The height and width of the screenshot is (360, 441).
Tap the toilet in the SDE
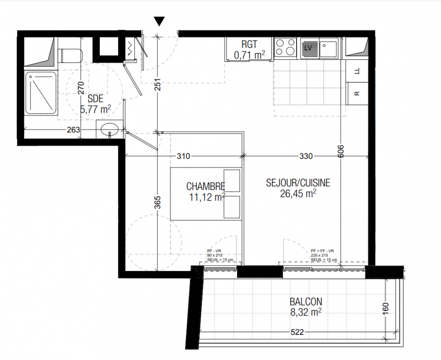click(x=70, y=55)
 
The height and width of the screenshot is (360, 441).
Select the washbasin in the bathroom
click(x=109, y=129)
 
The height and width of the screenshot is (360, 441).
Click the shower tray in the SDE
click(x=41, y=93)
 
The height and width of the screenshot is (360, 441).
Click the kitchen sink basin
click(x=328, y=49)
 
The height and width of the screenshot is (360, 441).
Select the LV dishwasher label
click(x=308, y=48)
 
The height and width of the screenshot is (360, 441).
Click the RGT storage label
click(x=249, y=45)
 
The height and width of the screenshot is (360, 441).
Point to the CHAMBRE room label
click(x=206, y=186)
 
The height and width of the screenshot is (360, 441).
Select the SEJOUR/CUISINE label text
click(x=298, y=183)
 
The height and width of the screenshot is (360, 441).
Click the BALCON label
click(x=306, y=302)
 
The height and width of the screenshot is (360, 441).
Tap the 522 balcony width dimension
click(x=297, y=332)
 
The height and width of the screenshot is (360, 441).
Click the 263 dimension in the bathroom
click(x=73, y=130)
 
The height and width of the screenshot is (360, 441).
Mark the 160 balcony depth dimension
click(x=386, y=308)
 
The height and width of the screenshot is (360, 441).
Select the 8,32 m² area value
click(x=306, y=312)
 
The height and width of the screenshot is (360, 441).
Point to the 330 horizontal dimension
click(x=306, y=156)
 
